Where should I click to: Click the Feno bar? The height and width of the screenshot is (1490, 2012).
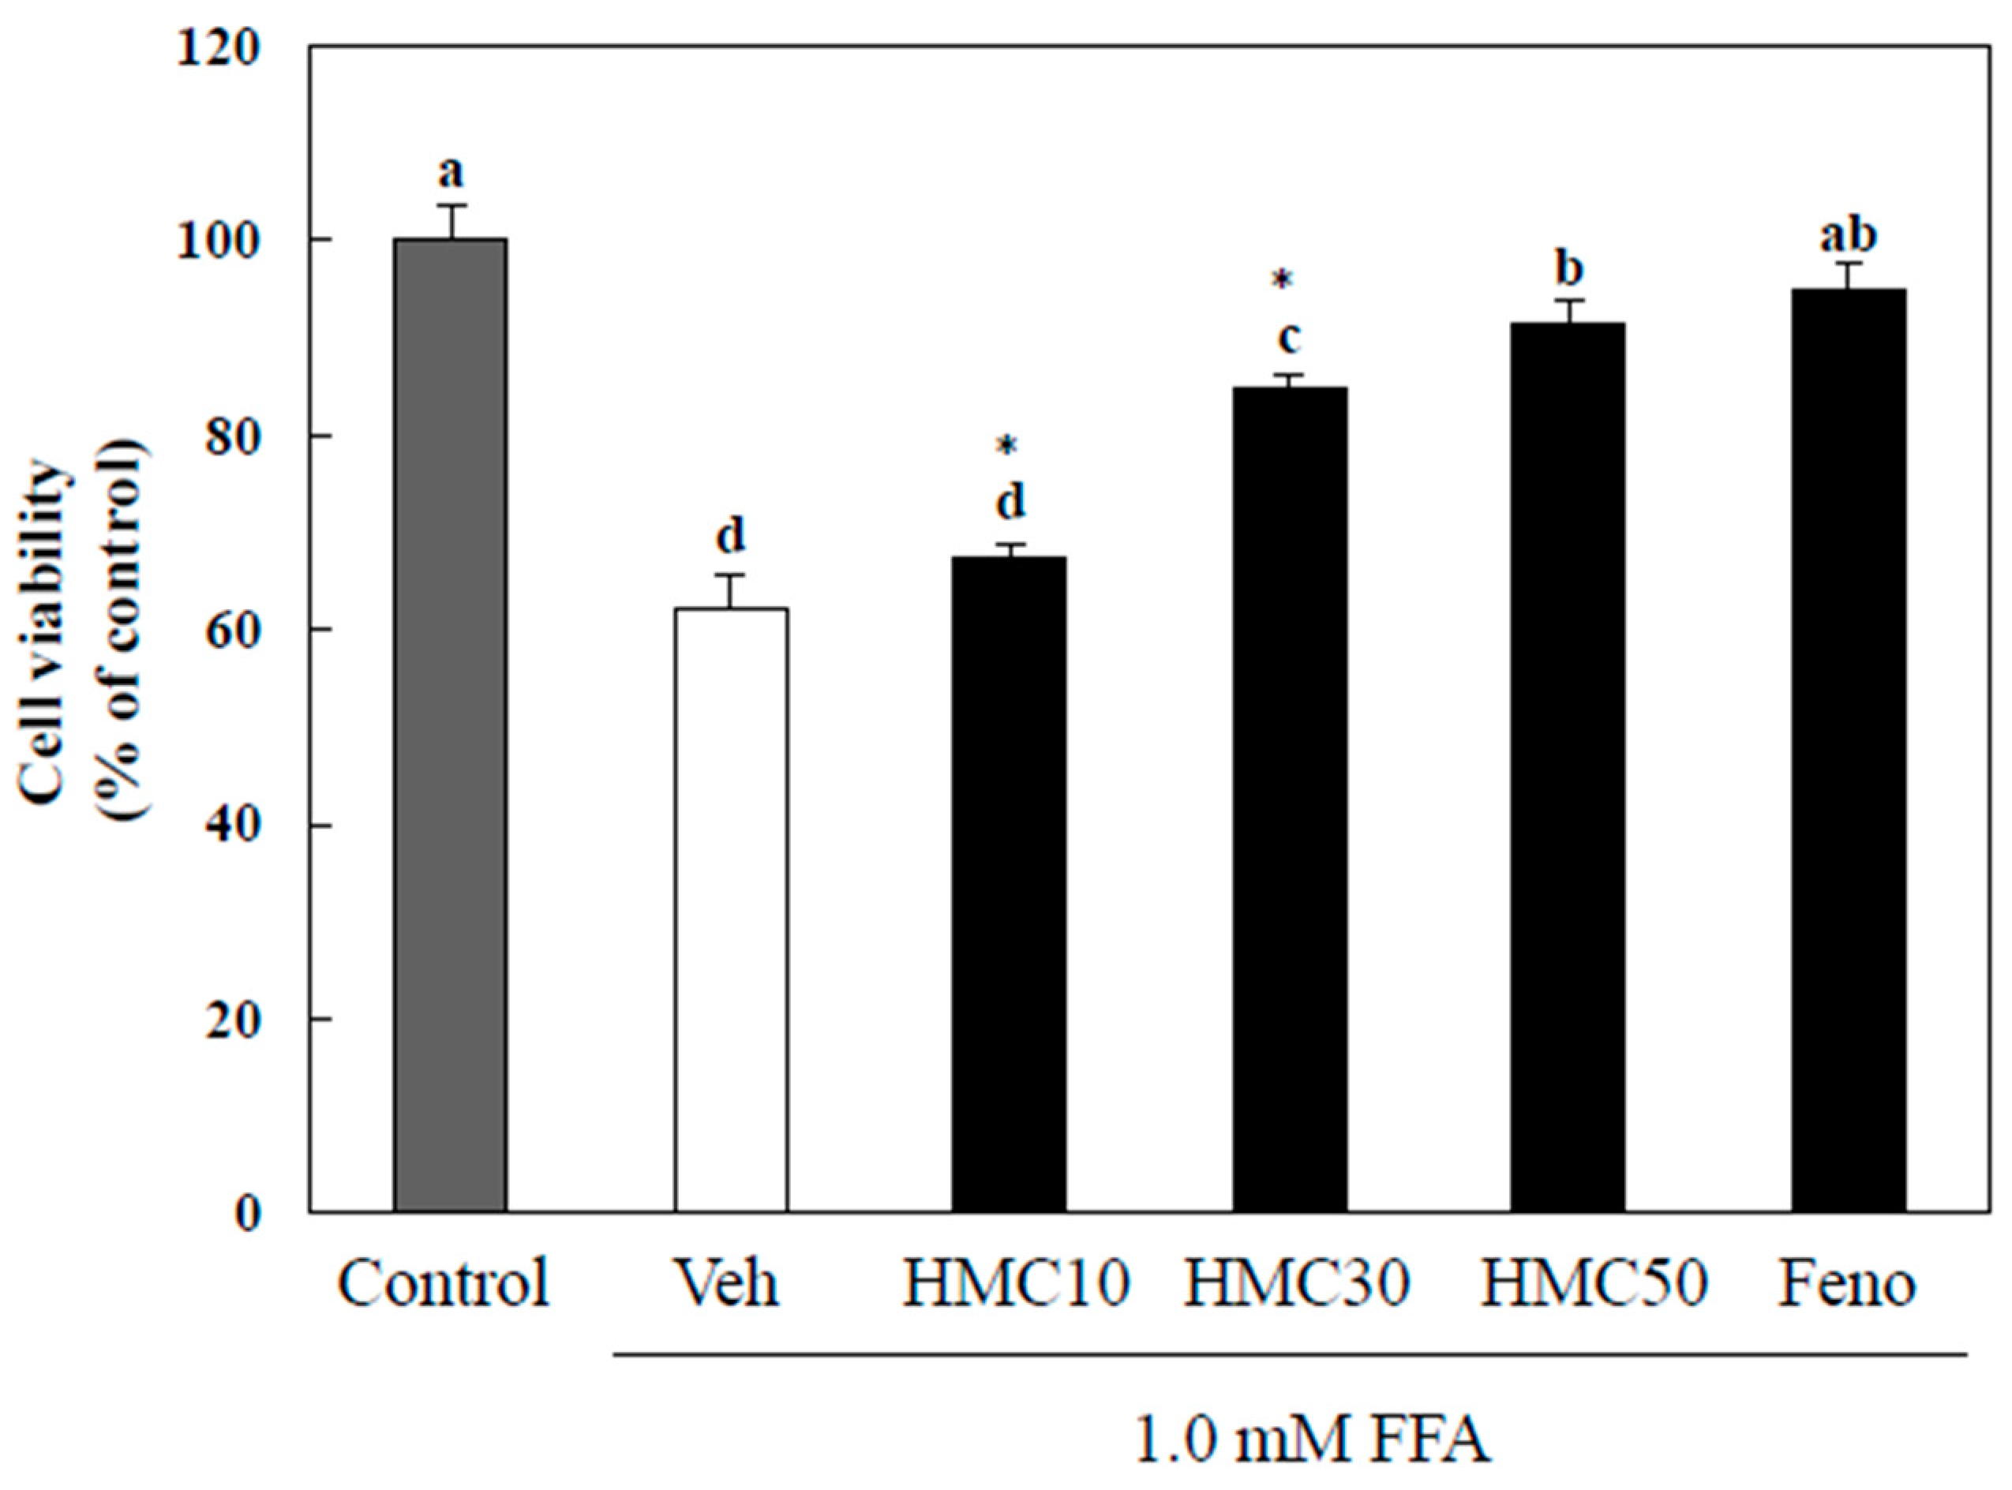1849,749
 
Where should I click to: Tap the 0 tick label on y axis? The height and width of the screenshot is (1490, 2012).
247,1215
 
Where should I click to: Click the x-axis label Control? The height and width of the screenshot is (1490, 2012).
443,1284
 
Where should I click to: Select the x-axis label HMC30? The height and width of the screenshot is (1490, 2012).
1296,1284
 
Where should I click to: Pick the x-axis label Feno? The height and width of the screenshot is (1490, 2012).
1846,1284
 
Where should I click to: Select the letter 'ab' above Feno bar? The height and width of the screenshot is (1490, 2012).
1848,236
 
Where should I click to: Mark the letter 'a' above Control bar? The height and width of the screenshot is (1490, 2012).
450,171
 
